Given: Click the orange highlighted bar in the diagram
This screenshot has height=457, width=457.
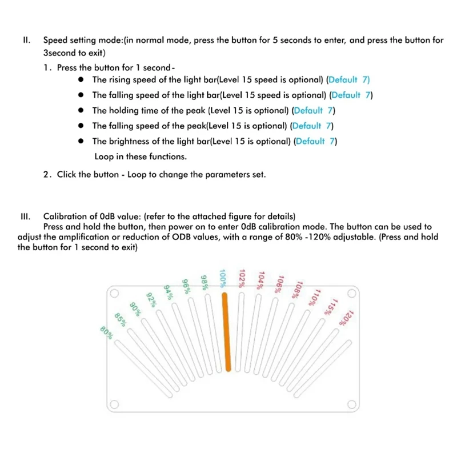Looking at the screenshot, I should (x=227, y=332).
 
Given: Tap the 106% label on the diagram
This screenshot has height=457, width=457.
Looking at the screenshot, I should (x=279, y=282).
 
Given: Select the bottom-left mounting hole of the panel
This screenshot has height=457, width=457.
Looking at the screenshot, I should (x=114, y=405).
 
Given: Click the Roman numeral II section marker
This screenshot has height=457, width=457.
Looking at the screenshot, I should (x=26, y=41).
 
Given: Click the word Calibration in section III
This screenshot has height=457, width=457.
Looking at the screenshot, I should (x=64, y=217).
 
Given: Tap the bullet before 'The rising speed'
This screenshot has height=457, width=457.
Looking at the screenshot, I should (x=82, y=80).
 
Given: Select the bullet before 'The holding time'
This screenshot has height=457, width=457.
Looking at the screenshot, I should (x=82, y=110).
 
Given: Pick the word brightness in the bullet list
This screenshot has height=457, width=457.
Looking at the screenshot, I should (x=128, y=141).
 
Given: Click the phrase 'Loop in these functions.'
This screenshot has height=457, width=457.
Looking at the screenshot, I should (x=140, y=156).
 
